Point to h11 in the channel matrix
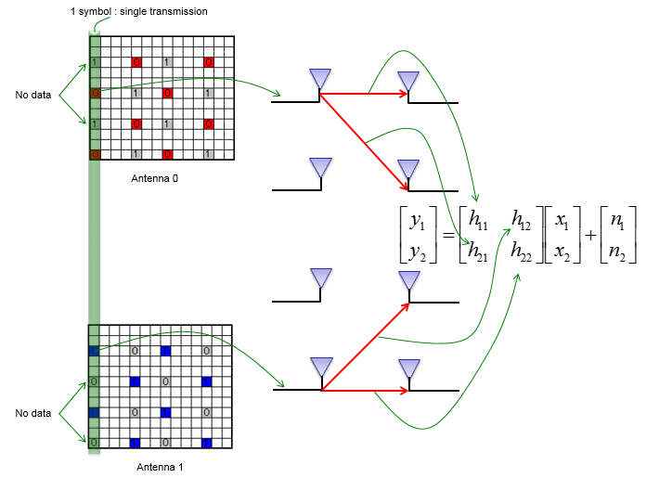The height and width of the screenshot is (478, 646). coord(479,221)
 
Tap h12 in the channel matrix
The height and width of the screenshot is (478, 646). coord(523,221)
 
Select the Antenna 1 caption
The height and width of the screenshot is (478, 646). coord(160,467)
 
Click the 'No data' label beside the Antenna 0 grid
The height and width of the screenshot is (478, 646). coord(33,95)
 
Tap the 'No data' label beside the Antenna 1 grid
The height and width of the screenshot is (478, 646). coord(33,413)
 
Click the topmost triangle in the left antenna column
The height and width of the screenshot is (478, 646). coord(320,79)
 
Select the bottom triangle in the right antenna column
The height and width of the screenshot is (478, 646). coord(408,368)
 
